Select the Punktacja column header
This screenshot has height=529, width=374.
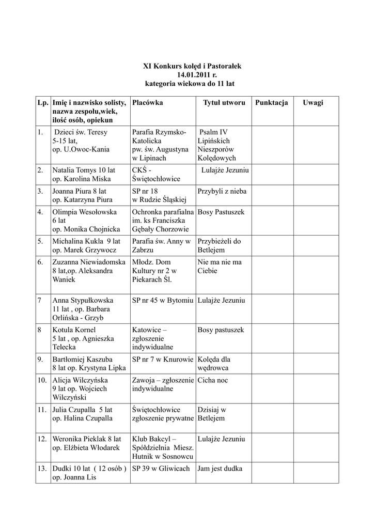(271, 103)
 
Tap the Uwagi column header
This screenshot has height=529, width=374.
(313, 103)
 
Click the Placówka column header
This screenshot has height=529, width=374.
(147, 103)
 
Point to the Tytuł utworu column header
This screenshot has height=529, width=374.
(224, 103)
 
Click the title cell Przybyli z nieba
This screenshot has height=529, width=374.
(222, 191)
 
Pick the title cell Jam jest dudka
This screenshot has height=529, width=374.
(220, 469)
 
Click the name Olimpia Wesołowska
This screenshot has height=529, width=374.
(84, 212)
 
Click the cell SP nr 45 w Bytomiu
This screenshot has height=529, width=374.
(162, 300)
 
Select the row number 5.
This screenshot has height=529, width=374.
(40, 241)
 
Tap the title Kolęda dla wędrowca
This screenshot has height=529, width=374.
(214, 363)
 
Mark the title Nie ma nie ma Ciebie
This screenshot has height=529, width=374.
(219, 267)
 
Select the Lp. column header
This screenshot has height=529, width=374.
(42, 103)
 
